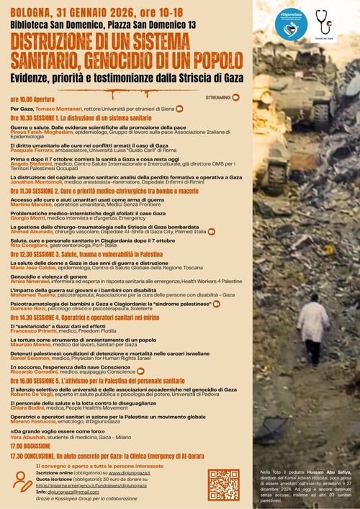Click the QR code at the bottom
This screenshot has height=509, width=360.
[223, 485]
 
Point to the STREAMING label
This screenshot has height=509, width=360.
[218, 96]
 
